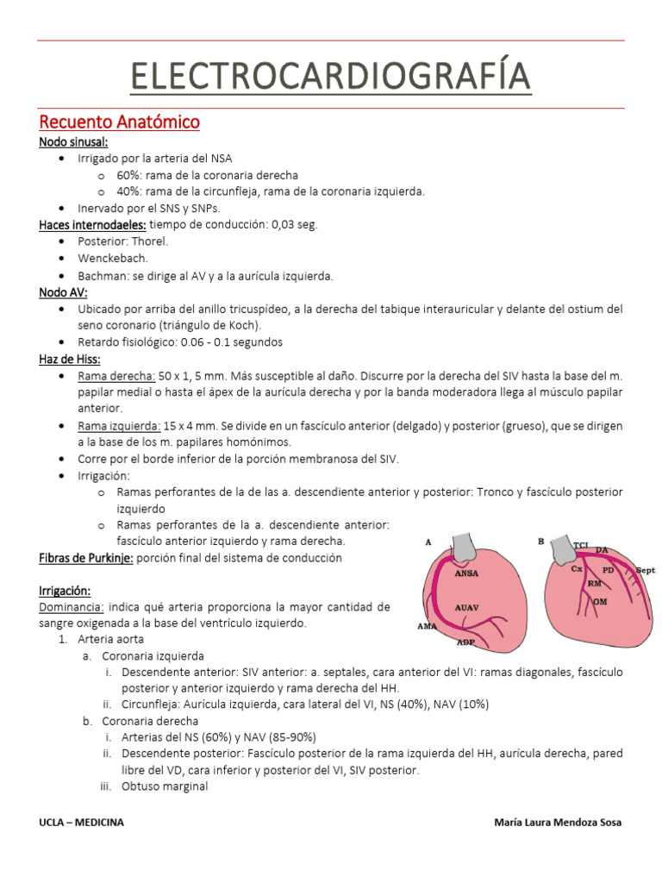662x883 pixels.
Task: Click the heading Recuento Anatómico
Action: pos(120,122)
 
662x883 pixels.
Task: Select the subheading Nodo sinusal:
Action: pos(73,142)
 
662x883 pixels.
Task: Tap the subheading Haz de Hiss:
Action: pos(70,360)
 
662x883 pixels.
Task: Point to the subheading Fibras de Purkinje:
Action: pos(85,558)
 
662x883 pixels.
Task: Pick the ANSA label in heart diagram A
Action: pos(467,572)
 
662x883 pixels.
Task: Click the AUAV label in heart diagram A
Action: pos(468,609)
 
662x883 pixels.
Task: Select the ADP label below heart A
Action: pos(466,642)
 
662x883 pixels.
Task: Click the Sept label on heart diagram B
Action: pos(646,571)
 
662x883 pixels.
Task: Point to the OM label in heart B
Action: pos(601,600)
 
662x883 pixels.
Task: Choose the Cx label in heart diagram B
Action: pos(576,568)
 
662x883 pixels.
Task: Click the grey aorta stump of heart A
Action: pos(465,543)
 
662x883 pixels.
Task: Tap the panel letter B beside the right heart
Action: pos(540,542)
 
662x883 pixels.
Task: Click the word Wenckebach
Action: pos(112,259)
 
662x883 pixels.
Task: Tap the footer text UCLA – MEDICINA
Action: pos(82,822)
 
